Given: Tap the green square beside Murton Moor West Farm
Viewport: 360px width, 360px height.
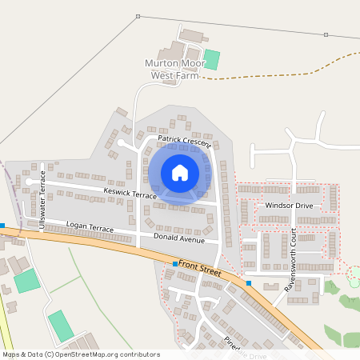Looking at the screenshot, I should (212, 60).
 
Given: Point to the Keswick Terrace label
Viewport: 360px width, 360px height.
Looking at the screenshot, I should (130, 194).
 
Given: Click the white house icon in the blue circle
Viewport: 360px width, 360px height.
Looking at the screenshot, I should (180, 173).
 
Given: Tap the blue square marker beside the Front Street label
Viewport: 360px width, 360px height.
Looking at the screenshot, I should (175, 264).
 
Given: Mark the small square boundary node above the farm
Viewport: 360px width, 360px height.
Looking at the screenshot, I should (138, 16).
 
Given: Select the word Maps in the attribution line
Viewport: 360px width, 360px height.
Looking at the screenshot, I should (11, 354).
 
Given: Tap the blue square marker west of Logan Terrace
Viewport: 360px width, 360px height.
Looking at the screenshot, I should (2, 226).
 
